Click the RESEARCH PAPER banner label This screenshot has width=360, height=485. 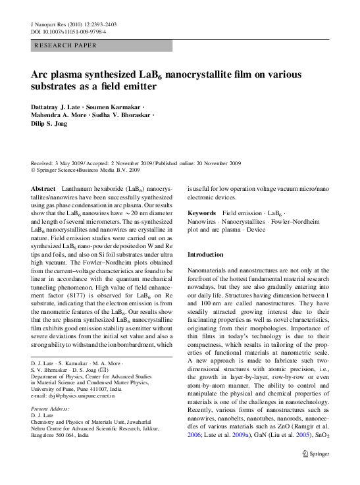click(65, 45)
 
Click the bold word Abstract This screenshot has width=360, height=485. click(43, 188)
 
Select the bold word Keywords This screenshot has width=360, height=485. click(201, 213)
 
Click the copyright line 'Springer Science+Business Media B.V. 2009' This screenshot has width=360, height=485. click(92, 170)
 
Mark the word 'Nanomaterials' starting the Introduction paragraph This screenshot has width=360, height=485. click(209, 270)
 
